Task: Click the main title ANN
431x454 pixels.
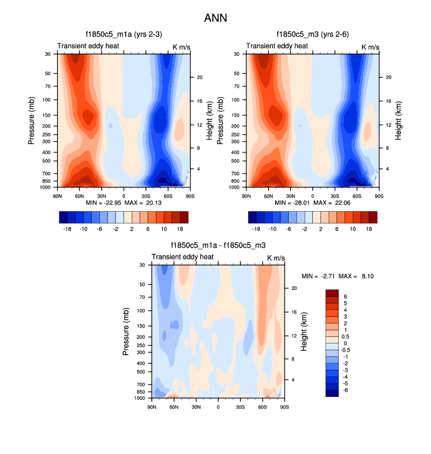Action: click(x=215, y=18)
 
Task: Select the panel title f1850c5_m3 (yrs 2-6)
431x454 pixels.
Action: click(x=312, y=34)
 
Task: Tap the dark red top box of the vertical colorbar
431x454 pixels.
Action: click(x=332, y=292)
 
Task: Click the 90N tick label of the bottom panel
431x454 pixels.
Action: click(x=152, y=406)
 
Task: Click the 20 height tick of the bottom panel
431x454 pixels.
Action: click(x=295, y=288)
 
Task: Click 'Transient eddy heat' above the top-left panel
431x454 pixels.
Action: click(x=88, y=46)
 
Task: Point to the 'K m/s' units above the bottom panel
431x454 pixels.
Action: click(x=277, y=258)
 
